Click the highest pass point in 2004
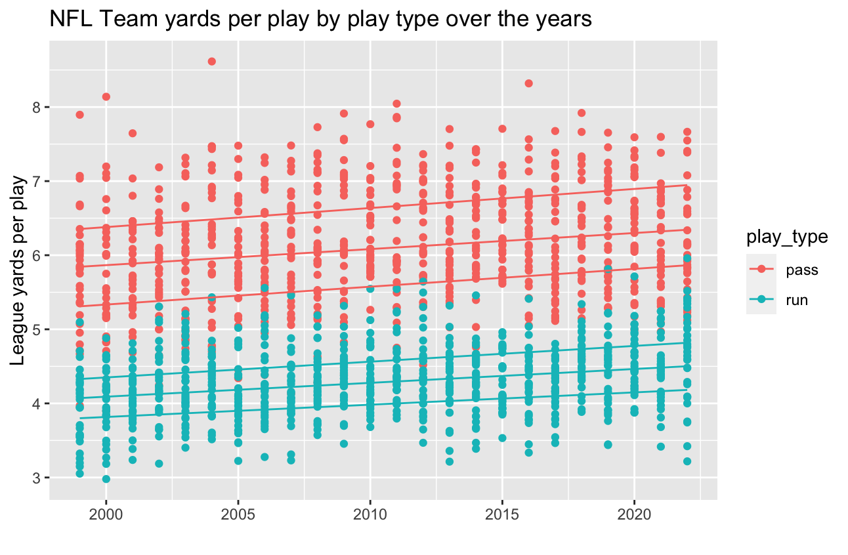point(212,62)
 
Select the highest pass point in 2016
point(528,83)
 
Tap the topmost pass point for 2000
point(106,96)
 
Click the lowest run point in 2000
point(106,479)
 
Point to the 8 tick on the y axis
point(37,107)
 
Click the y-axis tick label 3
point(37,478)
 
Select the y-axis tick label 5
point(37,329)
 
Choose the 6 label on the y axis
point(37,255)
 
